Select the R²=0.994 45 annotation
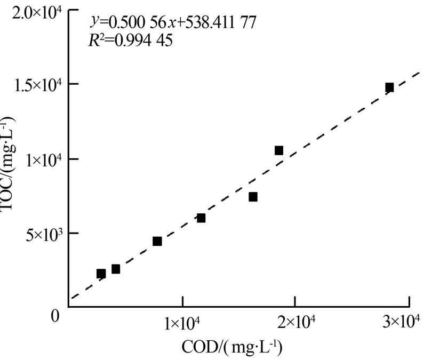tap(130, 41)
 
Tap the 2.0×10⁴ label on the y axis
tap(37, 11)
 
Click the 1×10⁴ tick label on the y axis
tap(42, 159)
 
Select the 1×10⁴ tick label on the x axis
tap(182, 323)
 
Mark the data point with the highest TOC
tap(389, 87)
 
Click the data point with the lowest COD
tap(101, 274)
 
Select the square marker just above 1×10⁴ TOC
tap(278, 150)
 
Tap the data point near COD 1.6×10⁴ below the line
tap(253, 197)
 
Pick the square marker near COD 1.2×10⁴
tap(201, 218)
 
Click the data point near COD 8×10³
tap(157, 241)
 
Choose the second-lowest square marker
tap(116, 269)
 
